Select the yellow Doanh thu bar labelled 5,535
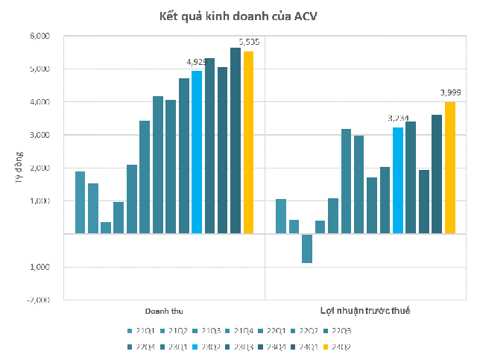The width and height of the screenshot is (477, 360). coord(248,142)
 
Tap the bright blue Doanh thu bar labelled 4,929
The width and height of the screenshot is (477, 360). coord(197,152)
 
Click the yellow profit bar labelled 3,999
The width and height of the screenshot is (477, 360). coord(449,168)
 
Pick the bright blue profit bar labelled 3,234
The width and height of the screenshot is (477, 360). coord(398,180)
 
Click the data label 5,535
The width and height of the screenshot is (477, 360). coord(249,42)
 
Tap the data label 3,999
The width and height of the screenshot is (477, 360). coord(450,92)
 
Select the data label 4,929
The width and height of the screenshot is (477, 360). coord(197,62)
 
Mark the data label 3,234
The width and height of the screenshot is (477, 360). coord(398,118)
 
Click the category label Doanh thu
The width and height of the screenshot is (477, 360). coord(163,310)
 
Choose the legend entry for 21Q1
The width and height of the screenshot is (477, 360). coord(142,330)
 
